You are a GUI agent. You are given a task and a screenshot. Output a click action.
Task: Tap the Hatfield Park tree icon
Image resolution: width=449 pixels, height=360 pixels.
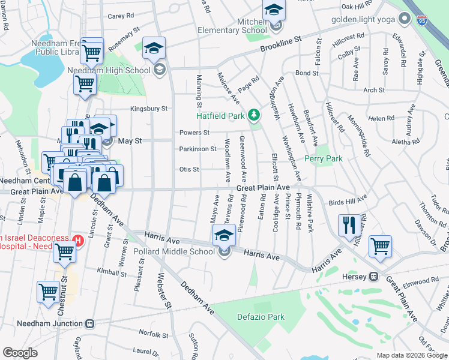255,114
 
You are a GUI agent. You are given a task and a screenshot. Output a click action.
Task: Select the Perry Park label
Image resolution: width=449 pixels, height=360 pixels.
323,158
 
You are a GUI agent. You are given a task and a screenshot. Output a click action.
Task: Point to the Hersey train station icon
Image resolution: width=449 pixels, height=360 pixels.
373,277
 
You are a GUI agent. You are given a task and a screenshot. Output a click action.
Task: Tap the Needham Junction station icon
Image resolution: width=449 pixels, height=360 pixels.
90,323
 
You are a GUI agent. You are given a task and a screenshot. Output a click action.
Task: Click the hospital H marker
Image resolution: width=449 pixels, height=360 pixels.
77,241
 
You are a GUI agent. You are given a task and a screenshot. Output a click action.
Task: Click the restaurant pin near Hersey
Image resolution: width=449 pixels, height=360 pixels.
349,225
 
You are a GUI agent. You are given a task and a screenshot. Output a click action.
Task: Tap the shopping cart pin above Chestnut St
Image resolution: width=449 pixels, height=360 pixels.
49,292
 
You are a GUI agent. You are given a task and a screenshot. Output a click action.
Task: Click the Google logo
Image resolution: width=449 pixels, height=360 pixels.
20,353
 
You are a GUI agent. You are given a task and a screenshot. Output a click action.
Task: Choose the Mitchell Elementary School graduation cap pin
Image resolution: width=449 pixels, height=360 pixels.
273,9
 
